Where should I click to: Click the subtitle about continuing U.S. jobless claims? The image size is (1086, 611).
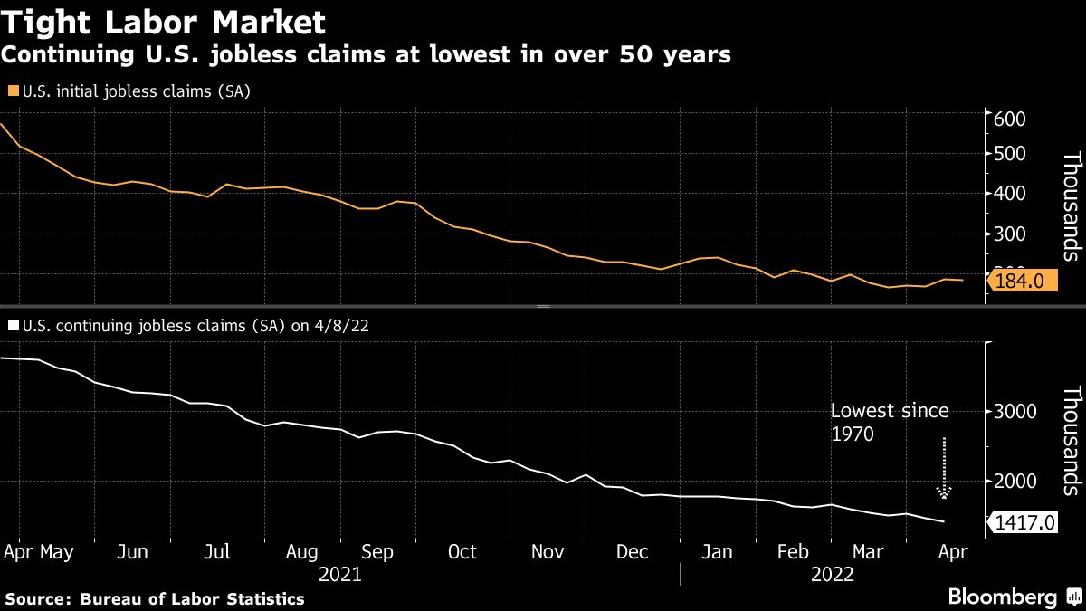(366, 55)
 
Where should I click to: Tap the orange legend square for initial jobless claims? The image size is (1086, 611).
(12, 91)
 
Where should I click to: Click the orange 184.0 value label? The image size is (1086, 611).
(1019, 282)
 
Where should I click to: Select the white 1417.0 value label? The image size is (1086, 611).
(1024, 522)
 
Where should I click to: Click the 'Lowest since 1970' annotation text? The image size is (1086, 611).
(890, 422)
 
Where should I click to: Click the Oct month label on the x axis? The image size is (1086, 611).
(462, 552)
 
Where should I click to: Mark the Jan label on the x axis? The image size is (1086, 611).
(717, 552)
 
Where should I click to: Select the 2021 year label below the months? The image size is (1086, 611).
(341, 575)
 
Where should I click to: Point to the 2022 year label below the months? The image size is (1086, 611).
(833, 575)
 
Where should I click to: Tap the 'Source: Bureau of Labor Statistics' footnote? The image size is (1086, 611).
(155, 598)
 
